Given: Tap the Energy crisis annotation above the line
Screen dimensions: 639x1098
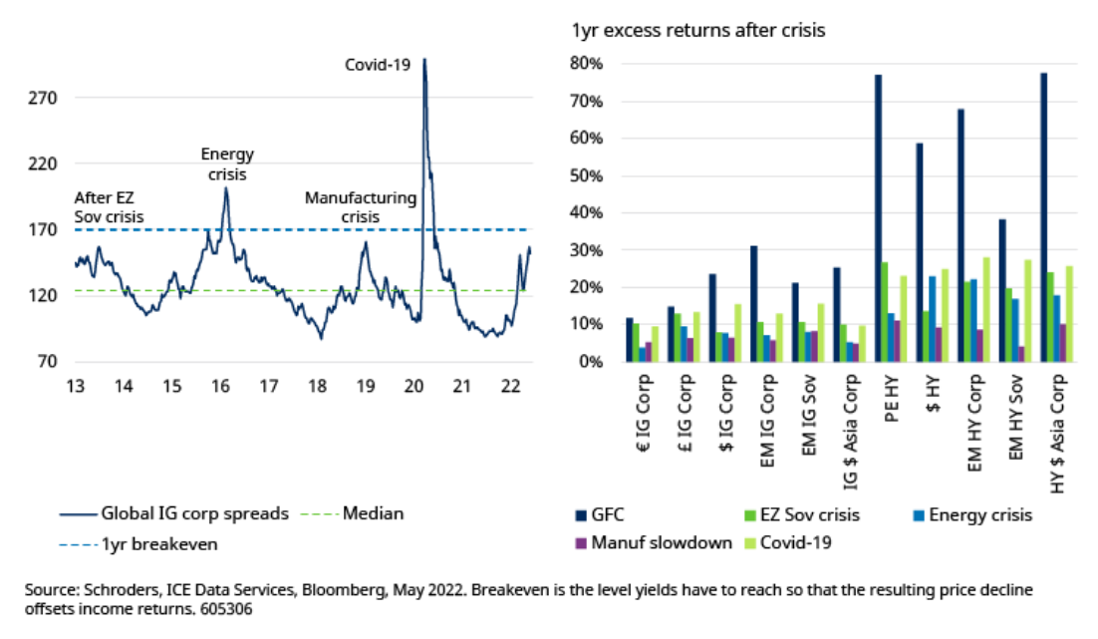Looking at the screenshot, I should point(227,163).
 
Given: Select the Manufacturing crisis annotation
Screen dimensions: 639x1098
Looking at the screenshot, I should point(361,206).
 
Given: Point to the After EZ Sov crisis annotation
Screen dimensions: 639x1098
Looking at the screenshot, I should point(110,206).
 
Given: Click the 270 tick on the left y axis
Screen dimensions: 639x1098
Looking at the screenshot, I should point(46,99).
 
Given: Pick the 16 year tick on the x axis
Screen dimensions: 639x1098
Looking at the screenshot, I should point(220,386).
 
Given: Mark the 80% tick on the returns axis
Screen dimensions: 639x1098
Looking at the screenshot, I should point(587,65).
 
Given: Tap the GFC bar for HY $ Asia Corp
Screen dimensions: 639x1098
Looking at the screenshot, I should point(1043,216).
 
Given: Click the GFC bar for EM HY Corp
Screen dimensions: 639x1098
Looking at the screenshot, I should point(961,234).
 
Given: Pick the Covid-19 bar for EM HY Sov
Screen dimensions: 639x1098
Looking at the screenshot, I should point(1026,310).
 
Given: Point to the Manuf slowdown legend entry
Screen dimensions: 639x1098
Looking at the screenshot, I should point(657,544).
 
